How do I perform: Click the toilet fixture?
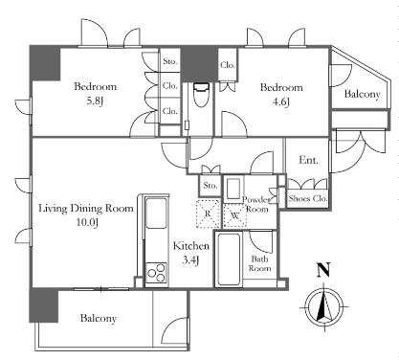(x=201, y=95)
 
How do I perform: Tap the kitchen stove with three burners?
(x=156, y=273)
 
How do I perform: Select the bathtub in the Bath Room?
(x=228, y=259)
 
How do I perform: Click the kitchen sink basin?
(x=156, y=213)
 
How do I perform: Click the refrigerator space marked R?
(x=208, y=214)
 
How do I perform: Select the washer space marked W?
(x=235, y=215)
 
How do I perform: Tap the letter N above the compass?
(x=323, y=270)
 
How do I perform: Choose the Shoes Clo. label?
(x=308, y=198)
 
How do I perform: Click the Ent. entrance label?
(x=308, y=160)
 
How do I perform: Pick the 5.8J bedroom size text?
(x=96, y=101)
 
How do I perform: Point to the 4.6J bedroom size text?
(x=280, y=102)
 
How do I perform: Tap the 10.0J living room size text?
(x=87, y=222)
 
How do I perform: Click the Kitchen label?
(x=191, y=246)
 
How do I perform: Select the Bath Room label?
(x=259, y=263)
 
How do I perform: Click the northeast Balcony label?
(x=363, y=94)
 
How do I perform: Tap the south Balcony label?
(x=99, y=318)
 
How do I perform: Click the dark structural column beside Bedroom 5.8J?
(x=45, y=63)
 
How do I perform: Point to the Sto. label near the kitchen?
(x=211, y=186)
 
